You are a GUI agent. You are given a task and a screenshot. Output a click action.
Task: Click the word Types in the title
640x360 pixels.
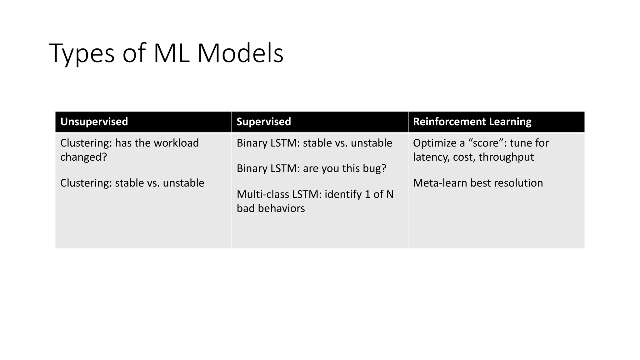(82, 54)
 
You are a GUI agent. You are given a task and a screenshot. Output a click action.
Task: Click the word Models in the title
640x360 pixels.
(240, 53)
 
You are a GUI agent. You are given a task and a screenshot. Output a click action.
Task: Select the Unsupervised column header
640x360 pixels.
(94, 122)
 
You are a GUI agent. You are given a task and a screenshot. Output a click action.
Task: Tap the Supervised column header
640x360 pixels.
(263, 122)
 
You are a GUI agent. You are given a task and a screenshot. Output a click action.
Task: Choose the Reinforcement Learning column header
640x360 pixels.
(472, 122)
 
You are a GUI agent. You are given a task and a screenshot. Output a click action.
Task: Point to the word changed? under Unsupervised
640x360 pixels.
(83, 157)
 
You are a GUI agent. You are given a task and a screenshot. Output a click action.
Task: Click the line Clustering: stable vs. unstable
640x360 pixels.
(132, 183)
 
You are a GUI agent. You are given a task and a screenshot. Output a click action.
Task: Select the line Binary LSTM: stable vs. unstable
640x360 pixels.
(314, 143)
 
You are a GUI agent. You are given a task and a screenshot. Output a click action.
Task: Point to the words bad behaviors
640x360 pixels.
(271, 208)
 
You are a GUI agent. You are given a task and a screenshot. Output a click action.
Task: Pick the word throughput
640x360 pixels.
(506, 157)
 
